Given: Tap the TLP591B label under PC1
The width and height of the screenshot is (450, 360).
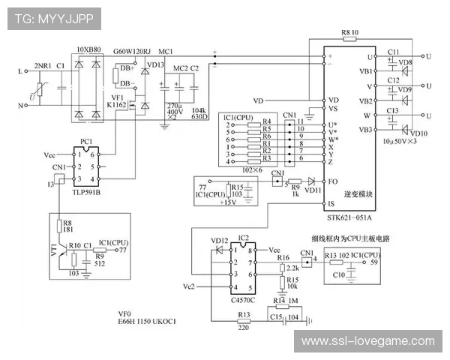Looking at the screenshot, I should tap(88, 191).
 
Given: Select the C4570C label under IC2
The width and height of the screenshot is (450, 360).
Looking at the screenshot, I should tap(244, 301).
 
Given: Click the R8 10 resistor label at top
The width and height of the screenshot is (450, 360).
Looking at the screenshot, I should tap(350, 34).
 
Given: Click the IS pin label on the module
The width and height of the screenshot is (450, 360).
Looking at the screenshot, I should tap(332, 203).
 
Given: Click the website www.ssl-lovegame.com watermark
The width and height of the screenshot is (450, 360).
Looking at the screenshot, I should tap(367, 341).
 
